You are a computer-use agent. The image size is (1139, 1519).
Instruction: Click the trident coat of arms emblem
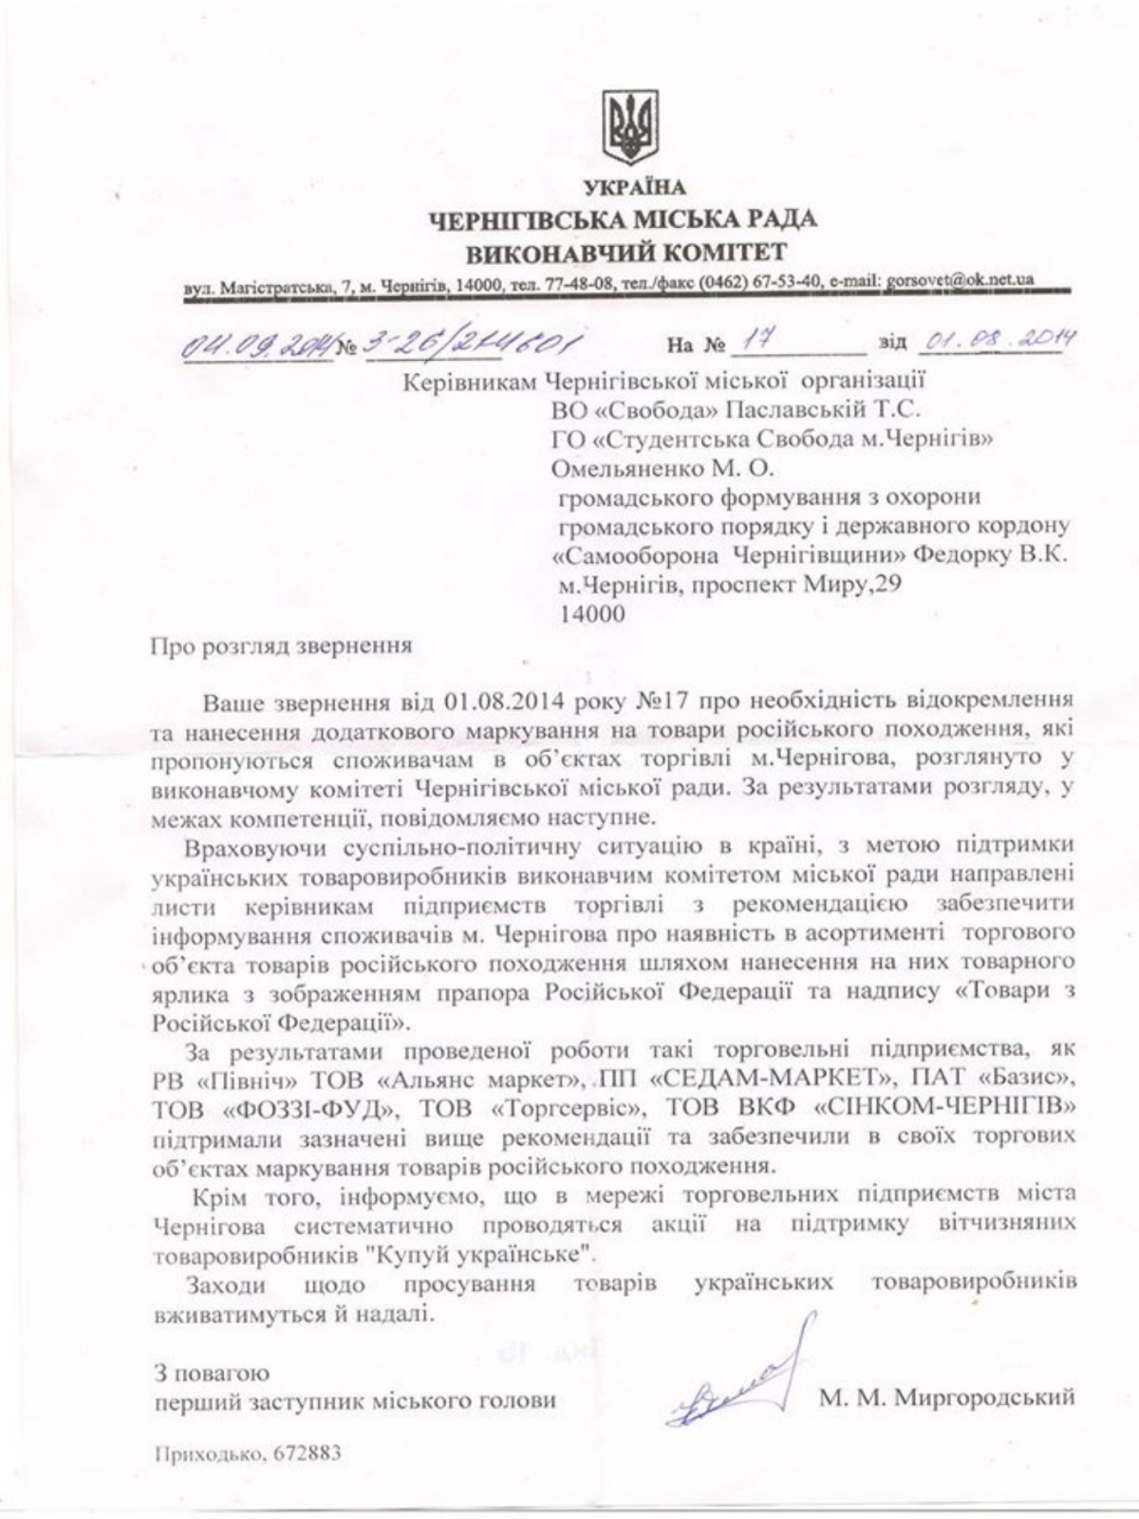coord(629,128)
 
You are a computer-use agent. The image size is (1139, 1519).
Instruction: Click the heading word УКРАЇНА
coord(628,187)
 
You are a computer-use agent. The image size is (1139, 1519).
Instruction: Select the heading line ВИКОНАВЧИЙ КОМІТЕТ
coord(626,253)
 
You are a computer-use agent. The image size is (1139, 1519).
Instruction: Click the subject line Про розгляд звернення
coord(281,647)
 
